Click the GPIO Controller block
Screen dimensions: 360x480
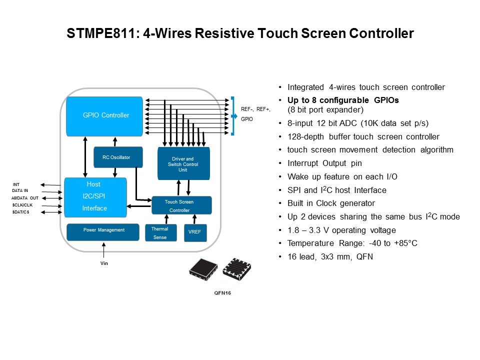pos(105,115)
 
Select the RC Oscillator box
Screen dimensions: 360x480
pos(118,157)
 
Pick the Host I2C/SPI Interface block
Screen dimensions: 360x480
pos(95,196)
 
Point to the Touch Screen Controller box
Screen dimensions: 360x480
pos(181,205)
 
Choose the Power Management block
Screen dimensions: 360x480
pos(103,230)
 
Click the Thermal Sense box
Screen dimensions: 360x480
pos(160,233)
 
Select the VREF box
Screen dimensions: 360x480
pos(195,232)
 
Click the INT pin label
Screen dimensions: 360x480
pos(16,184)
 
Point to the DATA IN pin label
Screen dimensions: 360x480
pos(20,191)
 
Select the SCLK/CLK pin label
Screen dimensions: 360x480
pos(22,205)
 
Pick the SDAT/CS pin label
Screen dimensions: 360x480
pos(21,212)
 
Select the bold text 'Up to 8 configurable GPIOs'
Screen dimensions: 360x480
pos(343,99)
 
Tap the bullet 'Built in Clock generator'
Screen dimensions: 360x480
pos(331,203)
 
